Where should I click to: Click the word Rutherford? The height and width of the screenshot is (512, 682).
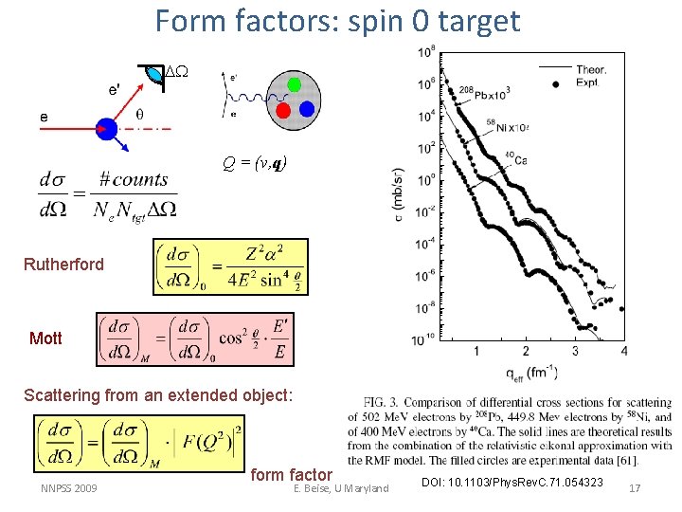click(x=63, y=265)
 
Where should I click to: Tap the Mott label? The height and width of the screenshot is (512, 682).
click(x=45, y=338)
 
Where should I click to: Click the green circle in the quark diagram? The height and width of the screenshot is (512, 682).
click(x=295, y=84)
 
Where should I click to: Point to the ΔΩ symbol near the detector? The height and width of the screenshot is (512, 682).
click(x=177, y=73)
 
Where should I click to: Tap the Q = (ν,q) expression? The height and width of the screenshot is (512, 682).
click(x=254, y=163)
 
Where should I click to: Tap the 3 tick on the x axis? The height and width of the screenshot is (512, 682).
click(x=574, y=351)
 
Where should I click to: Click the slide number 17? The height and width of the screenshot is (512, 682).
click(x=635, y=488)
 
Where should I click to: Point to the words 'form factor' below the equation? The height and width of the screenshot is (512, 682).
click(x=291, y=475)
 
